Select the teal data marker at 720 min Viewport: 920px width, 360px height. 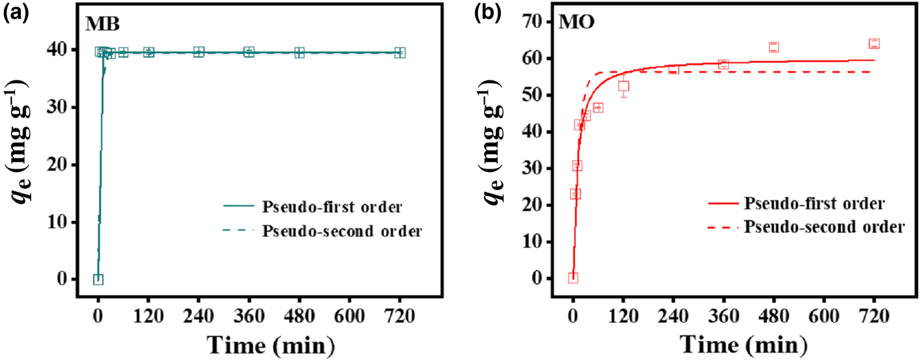tap(400, 53)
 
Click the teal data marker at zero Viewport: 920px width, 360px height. tap(98, 279)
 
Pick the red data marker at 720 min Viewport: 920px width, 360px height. tap(873, 43)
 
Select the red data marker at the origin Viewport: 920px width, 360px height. tap(573, 278)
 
